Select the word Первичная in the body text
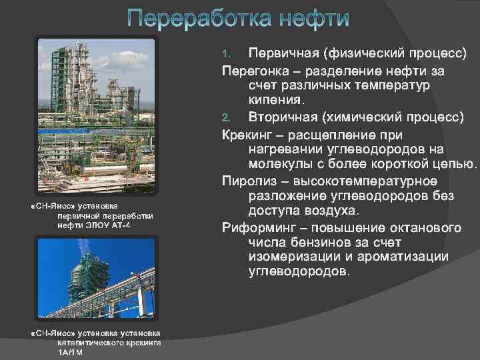coord(281,53)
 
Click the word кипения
coord(276,101)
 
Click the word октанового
coord(426,228)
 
